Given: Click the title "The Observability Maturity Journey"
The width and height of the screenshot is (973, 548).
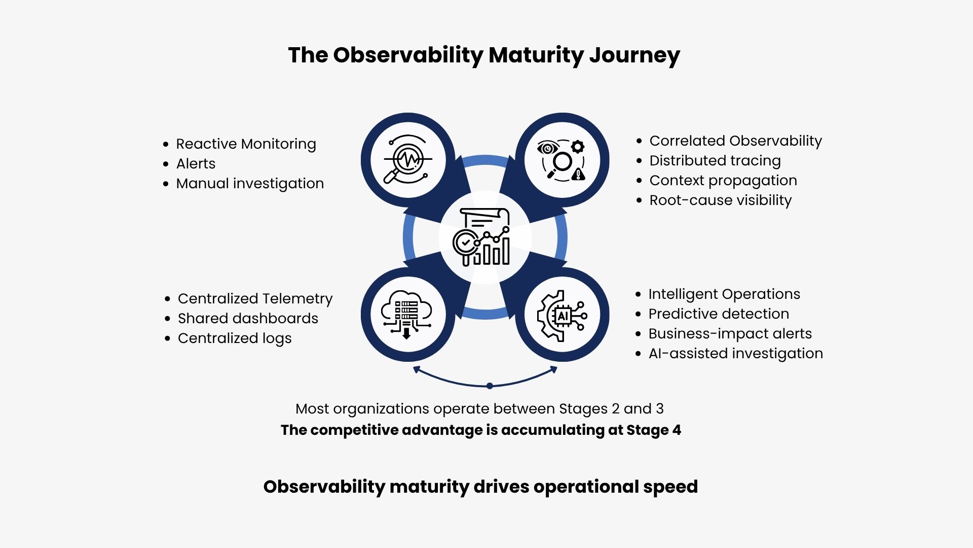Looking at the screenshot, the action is point(484,55).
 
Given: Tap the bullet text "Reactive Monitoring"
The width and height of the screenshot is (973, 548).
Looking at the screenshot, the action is point(246,144).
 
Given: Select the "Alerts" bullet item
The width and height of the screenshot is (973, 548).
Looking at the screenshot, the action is point(196,163).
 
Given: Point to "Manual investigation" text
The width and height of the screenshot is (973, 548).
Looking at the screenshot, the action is point(250,184).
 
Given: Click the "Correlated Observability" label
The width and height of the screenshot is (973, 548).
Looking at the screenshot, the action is point(735,141).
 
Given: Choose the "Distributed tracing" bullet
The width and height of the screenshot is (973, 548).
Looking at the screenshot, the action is point(715,161).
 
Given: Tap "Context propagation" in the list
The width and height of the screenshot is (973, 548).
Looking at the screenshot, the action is point(723,181).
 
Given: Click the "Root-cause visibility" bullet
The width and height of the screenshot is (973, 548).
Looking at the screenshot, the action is point(720,200).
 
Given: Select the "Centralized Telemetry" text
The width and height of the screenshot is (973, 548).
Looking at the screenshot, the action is point(255,298).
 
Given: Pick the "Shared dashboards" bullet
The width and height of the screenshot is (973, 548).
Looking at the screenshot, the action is point(248,318).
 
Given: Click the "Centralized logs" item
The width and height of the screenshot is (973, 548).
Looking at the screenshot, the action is point(235,338).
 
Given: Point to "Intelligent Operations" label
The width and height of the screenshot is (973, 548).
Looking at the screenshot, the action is point(724,294).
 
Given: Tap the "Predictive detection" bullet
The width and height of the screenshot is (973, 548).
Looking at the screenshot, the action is point(719,314).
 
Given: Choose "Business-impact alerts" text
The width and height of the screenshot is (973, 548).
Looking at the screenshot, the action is point(730,333).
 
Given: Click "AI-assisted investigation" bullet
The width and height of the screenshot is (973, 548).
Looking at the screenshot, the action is point(735,354).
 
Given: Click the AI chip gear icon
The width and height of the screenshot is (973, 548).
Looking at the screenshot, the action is point(562,316).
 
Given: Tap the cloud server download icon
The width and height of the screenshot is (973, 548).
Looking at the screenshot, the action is point(406,315).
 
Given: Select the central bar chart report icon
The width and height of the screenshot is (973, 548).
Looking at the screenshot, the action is point(481,237).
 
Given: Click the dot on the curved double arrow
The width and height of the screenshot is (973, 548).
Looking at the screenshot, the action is point(490,386).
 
